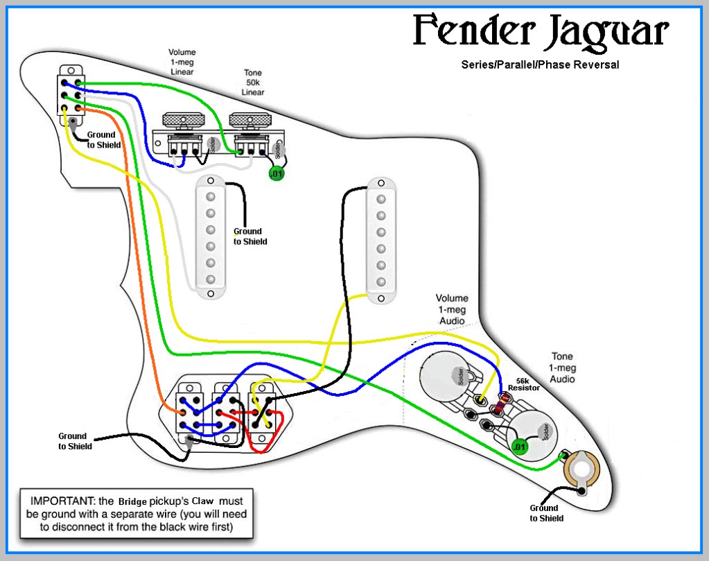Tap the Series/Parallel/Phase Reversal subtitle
540,64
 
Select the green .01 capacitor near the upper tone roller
277,173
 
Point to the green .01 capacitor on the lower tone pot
520,447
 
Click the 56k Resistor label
524,385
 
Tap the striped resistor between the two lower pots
500,404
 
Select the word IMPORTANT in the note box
61,501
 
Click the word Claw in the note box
202,501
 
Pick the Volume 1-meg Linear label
182,62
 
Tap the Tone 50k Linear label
253,83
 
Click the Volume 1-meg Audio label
452,309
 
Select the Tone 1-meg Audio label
562,368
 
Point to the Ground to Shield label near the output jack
546,513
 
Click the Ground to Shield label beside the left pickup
250,236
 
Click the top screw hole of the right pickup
381,183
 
